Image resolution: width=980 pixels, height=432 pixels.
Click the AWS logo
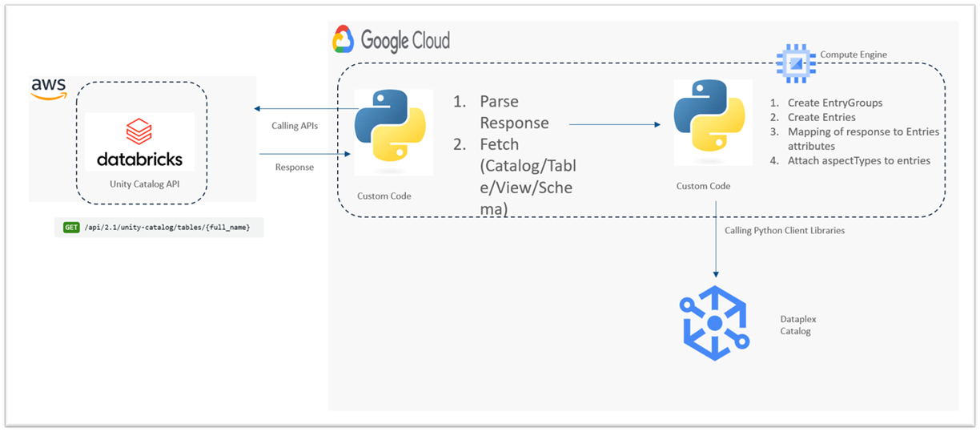click(48, 88)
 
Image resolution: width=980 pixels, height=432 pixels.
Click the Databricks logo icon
click(139, 131)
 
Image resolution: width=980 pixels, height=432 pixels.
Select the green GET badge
click(71, 228)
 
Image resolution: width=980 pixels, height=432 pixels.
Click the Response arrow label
click(295, 168)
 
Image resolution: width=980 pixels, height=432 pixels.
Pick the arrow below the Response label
click(304, 152)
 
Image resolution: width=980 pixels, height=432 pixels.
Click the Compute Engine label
click(853, 55)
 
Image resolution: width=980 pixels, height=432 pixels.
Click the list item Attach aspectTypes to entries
click(858, 160)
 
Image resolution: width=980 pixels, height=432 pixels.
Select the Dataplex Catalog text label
click(798, 325)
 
